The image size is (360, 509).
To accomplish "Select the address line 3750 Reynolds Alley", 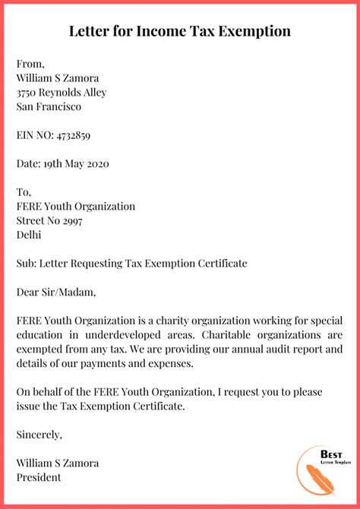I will (x=62, y=93).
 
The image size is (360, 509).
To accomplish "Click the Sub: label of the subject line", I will (x=27, y=264).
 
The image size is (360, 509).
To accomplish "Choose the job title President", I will (x=39, y=478).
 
